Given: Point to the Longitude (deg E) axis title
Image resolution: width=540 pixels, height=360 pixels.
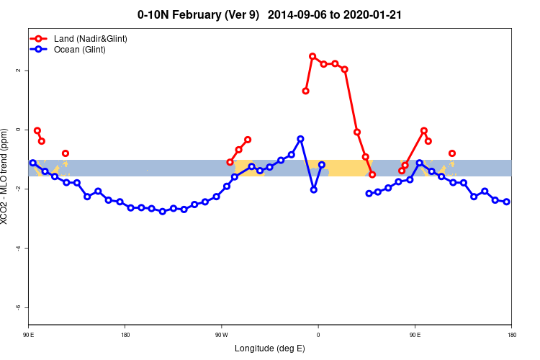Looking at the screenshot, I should pyautogui.click(x=270, y=348).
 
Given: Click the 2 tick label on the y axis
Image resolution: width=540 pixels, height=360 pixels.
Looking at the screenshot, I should pyautogui.click(x=17, y=71).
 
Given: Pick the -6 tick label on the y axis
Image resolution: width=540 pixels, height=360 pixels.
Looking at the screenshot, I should pyautogui.click(x=17, y=307).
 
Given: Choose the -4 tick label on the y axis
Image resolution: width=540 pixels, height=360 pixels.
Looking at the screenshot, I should pyautogui.click(x=17, y=248).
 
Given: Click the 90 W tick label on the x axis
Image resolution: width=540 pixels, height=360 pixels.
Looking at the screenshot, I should pyautogui.click(x=221, y=334).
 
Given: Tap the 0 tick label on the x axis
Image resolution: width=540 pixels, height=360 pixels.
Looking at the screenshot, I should pyautogui.click(x=318, y=334).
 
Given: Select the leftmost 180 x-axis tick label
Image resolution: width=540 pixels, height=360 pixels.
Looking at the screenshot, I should pyautogui.click(x=125, y=334).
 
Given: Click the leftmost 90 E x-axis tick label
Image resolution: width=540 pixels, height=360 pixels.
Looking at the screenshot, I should pyautogui.click(x=29, y=334).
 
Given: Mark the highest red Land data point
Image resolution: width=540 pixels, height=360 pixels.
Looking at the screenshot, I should pyautogui.click(x=312, y=56).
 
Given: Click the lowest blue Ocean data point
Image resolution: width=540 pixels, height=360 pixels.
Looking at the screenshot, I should pyautogui.click(x=163, y=212).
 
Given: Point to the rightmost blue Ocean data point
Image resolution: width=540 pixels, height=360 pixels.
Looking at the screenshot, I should pyautogui.click(x=507, y=202).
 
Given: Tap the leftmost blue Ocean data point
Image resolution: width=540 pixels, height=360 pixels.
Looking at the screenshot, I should pyautogui.click(x=32, y=163).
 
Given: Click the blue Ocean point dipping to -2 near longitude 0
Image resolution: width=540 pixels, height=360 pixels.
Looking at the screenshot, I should pyautogui.click(x=314, y=189).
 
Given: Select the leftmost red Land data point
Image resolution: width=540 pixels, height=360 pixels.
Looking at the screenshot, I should pyautogui.click(x=37, y=130).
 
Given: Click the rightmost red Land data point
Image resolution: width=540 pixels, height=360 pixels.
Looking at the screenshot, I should pyautogui.click(x=452, y=153).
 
